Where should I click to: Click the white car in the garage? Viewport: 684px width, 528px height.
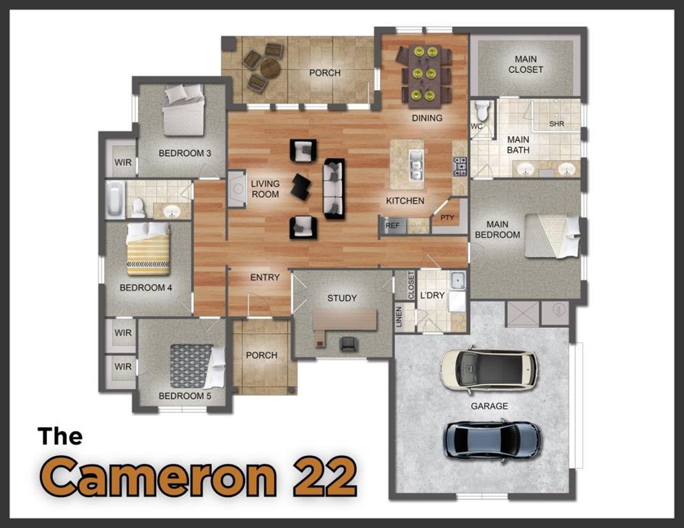489,369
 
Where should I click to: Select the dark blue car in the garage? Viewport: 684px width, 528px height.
491,439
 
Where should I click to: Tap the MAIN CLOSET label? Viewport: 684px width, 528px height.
526,65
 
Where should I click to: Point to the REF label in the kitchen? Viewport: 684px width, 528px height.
392,225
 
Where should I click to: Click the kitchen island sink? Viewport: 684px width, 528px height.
416,166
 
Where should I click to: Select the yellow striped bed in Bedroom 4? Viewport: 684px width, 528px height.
147,249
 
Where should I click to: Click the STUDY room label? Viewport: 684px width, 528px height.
342,298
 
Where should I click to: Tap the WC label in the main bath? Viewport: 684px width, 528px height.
476,126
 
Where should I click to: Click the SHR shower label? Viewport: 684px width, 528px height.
557,124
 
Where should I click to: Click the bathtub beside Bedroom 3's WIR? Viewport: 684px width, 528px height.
115,199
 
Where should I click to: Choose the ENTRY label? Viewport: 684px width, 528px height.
265,277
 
